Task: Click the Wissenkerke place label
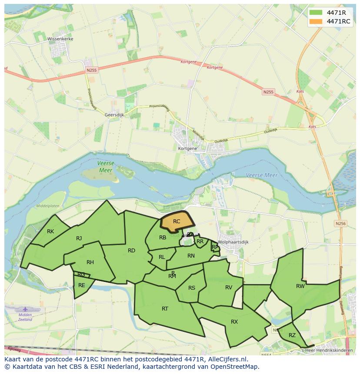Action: pos(60,39)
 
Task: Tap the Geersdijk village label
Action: pos(115,115)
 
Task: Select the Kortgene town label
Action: pos(187,148)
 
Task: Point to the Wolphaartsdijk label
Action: pos(233,242)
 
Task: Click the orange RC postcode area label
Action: pos(177,222)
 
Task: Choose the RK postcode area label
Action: pos(50,232)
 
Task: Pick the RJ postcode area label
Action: pos(79,238)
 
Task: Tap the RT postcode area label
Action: pos(165,309)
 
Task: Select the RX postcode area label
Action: pos(234,322)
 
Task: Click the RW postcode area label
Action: pos(300,286)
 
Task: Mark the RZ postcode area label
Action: pos(292,335)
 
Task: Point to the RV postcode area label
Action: pos(229,287)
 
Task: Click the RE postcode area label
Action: pos(82,285)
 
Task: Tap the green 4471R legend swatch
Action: pos(316,12)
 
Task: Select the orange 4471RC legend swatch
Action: pos(316,21)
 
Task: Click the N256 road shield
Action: pos(340,223)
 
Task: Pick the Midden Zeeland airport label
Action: pos(25,317)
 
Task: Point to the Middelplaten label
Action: pos(48,206)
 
